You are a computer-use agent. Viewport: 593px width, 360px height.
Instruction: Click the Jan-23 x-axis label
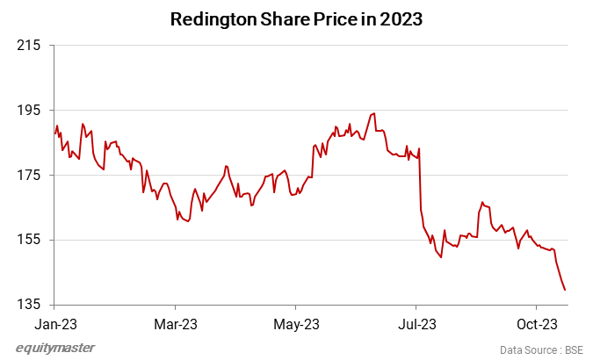pos(54,323)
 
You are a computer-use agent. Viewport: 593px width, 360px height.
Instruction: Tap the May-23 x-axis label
pos(296,323)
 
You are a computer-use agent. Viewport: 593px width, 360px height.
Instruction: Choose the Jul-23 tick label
pos(416,323)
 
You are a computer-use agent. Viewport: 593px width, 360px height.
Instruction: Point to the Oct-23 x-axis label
pos(537,323)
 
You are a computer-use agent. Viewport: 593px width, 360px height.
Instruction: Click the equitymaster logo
pos(55,349)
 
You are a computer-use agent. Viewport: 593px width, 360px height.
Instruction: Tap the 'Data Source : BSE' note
pos(541,349)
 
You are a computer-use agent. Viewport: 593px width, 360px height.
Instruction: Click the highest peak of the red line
pos(375,113)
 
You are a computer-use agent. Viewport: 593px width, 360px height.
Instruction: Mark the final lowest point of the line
pos(565,290)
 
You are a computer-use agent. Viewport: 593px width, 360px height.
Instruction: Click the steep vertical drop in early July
pos(421,180)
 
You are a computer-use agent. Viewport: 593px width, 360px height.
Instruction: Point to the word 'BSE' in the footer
pos(574,349)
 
